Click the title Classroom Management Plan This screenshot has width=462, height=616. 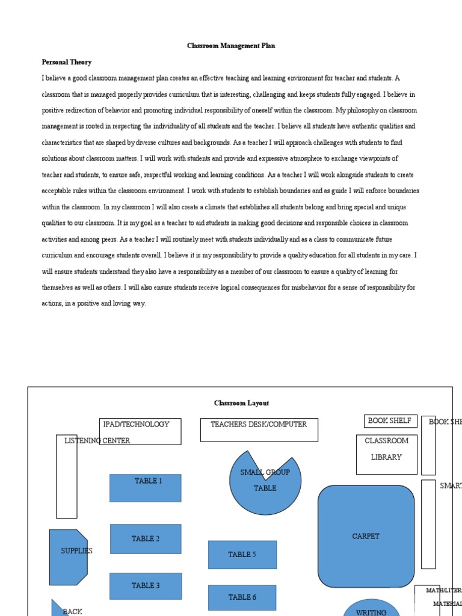pyautogui.click(x=231, y=46)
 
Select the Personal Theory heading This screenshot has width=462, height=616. pyautogui.click(x=66, y=62)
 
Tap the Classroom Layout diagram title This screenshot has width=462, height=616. pyautogui.click(x=241, y=403)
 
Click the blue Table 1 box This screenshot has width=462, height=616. pyautogui.click(x=145, y=488)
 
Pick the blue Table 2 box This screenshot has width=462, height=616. pyautogui.click(x=145, y=538)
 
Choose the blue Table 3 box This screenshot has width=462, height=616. pyautogui.click(x=145, y=586)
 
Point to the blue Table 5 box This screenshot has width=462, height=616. pyautogui.click(x=242, y=554)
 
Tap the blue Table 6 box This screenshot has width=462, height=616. pyautogui.click(x=242, y=597)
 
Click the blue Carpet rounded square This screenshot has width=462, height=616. pyautogui.click(x=366, y=536)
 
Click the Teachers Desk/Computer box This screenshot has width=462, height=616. pyautogui.click(x=259, y=430)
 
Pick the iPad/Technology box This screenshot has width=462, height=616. pyautogui.click(x=140, y=431)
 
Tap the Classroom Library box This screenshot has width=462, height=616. pyautogui.click(x=386, y=454)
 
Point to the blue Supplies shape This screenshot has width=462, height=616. pyautogui.click(x=69, y=557)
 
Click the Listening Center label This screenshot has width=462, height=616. pyautogui.click(x=97, y=440)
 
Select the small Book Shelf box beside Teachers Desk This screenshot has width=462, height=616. pyautogui.click(x=390, y=421)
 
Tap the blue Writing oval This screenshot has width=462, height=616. pyautogui.click(x=371, y=609)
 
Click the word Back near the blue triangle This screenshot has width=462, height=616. pyautogui.click(x=72, y=612)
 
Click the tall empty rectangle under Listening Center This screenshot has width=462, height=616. pyautogui.click(x=66, y=481)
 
